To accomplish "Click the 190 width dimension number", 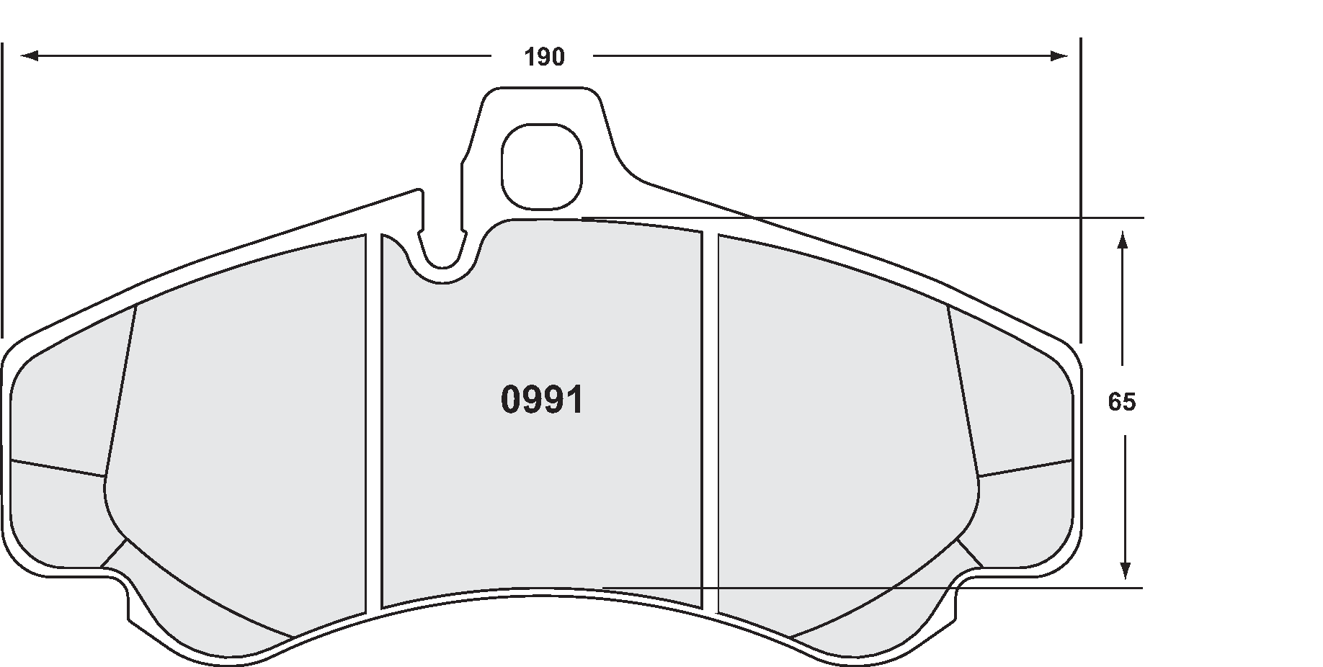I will pyautogui.click(x=544, y=57).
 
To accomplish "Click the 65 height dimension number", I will pyautogui.click(x=1121, y=402).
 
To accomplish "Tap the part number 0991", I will pyautogui.click(x=542, y=400).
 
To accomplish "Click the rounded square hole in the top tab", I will pyautogui.click(x=541, y=165).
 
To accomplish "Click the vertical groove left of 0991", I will pyautogui.click(x=373, y=425).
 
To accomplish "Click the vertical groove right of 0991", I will pyautogui.click(x=710, y=425).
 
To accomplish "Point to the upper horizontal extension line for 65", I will pyautogui.click(x=937, y=218).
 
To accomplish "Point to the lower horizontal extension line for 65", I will pyautogui.click(x=937, y=588).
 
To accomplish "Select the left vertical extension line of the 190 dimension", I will pyautogui.click(x=2, y=187).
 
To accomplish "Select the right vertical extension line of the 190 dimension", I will pyautogui.click(x=1081, y=187).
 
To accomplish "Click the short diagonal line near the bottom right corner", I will pyautogui.click(x=970, y=553).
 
